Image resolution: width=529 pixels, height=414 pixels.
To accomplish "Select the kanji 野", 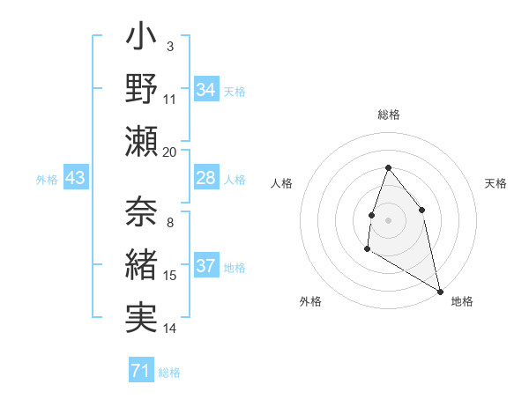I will coord(142,91).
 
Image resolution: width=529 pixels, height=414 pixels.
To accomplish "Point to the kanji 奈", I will coord(142,212).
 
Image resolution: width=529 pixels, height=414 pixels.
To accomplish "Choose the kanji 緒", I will coord(142,264).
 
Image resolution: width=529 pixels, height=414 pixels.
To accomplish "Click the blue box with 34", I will coord(206,90).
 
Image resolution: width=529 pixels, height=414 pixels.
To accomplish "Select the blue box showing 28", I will coord(206,179).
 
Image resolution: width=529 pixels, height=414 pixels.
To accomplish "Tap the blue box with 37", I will coord(206,267).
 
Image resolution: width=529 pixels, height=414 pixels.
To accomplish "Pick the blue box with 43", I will coord(76,179).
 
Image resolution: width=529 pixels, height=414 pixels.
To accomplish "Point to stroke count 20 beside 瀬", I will coord(170,152).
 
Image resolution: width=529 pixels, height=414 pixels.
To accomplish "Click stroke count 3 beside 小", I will coord(170,46).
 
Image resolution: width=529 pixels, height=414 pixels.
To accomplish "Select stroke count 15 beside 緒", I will coord(170,276).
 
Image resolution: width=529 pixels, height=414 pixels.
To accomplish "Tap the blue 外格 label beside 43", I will coord(47,180).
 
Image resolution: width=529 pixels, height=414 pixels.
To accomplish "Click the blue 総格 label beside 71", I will coord(169,373).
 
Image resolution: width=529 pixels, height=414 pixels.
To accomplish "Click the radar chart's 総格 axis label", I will coord(388,115).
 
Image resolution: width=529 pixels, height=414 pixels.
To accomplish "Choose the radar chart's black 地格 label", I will coord(462,301).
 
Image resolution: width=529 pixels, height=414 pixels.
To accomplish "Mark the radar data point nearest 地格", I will coord(441,291).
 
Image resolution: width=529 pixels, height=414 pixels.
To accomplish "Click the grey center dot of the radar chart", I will coord(388,219).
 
